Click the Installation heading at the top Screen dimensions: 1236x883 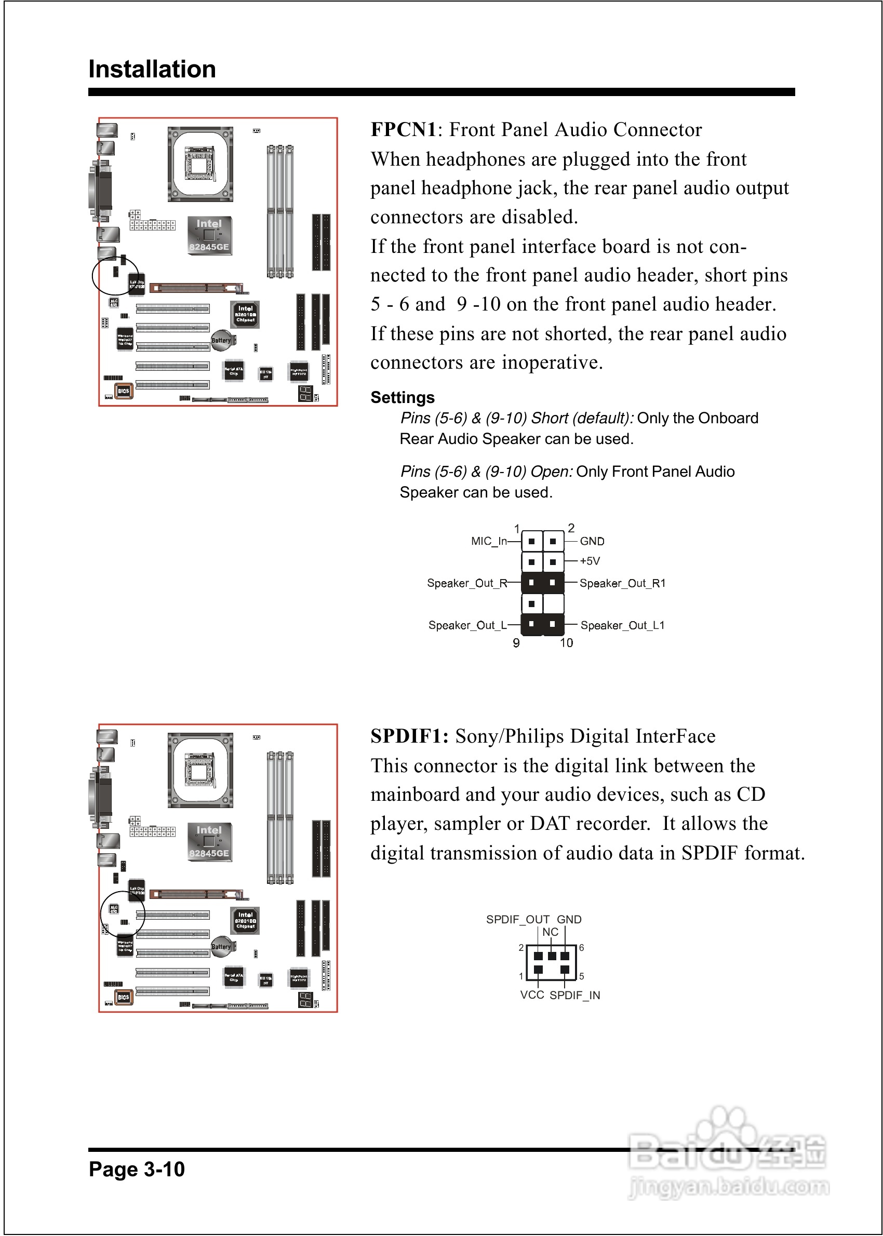click(x=152, y=70)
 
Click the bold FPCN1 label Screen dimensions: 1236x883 click(x=404, y=130)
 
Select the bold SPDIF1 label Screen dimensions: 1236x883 click(x=409, y=736)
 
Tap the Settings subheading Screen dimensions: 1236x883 click(x=403, y=397)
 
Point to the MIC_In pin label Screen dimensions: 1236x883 click(x=488, y=541)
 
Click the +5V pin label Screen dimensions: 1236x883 click(x=590, y=561)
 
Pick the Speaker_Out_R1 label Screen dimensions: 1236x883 click(x=622, y=583)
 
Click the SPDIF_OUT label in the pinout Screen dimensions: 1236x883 click(x=518, y=919)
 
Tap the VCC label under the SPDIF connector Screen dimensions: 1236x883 click(x=532, y=995)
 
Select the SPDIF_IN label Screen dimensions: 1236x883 click(x=574, y=995)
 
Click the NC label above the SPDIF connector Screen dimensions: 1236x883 click(x=550, y=932)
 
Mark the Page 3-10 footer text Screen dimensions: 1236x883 click(x=137, y=1169)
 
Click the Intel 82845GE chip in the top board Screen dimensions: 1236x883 click(x=209, y=235)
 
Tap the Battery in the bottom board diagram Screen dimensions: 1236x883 click(x=221, y=947)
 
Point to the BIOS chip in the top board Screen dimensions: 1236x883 click(x=124, y=391)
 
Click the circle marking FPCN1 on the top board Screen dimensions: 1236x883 click(x=115, y=276)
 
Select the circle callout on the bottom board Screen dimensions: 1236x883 click(x=123, y=913)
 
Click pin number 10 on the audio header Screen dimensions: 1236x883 click(x=567, y=643)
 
